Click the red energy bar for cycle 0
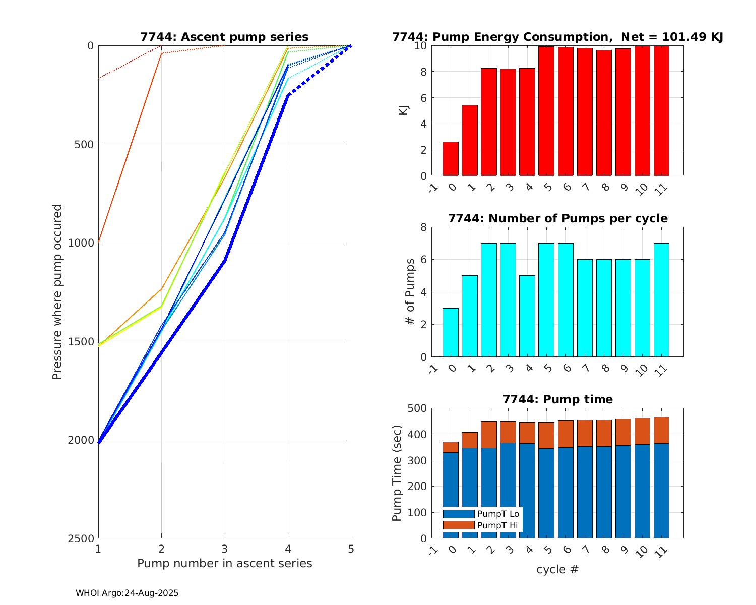(451, 159)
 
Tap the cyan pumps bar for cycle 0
(451, 333)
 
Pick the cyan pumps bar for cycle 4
(527, 316)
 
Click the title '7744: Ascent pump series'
(224, 37)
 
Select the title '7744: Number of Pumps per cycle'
(558, 218)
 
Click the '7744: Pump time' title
(558, 399)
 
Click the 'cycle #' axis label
(557, 570)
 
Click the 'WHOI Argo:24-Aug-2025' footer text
(127, 593)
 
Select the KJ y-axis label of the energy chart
(403, 110)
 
